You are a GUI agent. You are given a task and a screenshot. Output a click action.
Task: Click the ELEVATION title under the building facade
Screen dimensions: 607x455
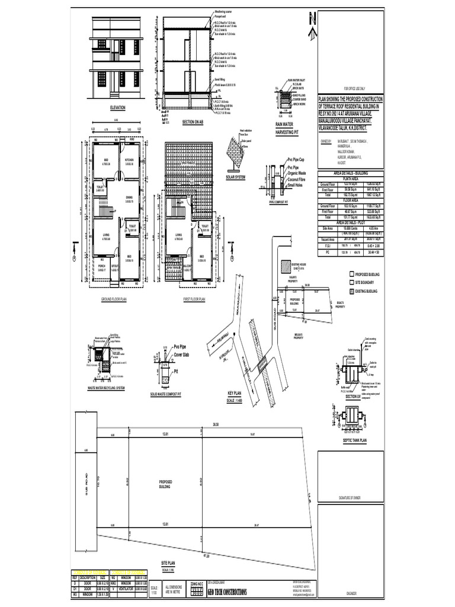coord(118,108)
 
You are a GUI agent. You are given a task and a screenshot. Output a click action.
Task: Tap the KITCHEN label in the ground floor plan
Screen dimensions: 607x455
coord(129,161)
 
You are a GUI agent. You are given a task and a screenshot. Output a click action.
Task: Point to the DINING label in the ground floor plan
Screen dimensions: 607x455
coord(129,197)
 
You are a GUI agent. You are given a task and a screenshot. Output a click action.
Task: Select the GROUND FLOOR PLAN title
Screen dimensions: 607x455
coord(114,300)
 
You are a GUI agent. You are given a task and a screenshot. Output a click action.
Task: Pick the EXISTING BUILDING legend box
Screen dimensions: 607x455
coord(351,292)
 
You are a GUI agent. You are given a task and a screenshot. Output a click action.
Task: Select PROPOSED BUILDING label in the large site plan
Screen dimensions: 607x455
coord(165,484)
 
